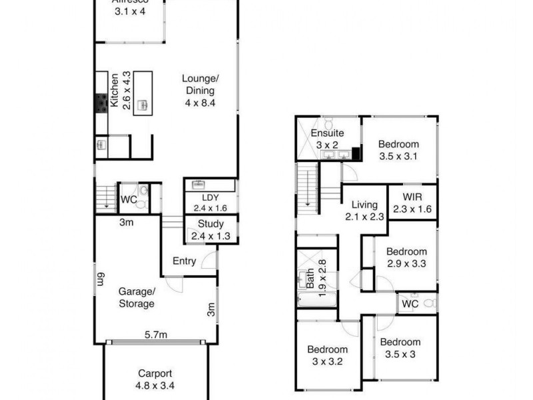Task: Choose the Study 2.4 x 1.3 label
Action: [x=207, y=229]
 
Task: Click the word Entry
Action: [x=184, y=261]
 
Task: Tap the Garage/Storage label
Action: [x=137, y=297]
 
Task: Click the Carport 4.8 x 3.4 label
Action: [x=156, y=379]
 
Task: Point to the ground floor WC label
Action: [x=128, y=199]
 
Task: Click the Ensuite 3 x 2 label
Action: [x=328, y=139]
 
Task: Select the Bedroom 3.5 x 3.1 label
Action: [x=398, y=151]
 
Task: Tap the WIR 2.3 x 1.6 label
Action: [x=413, y=203]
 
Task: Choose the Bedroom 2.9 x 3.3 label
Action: [x=406, y=257]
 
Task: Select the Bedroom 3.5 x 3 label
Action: [x=400, y=348]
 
